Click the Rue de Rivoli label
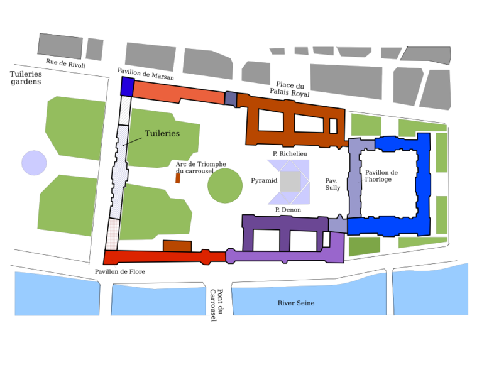65,63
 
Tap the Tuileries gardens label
26,78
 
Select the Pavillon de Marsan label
145,74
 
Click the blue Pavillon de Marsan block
128,86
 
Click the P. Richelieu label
290,154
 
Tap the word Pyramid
264,181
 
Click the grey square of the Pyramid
290,182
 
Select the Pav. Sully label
332,184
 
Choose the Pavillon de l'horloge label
381,177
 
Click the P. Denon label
288,210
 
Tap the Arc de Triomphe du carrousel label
201,167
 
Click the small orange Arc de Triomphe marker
178,178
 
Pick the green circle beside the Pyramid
225,186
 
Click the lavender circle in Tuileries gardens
34,163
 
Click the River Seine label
296,303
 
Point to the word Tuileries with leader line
162,134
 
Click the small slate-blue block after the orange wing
231,99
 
